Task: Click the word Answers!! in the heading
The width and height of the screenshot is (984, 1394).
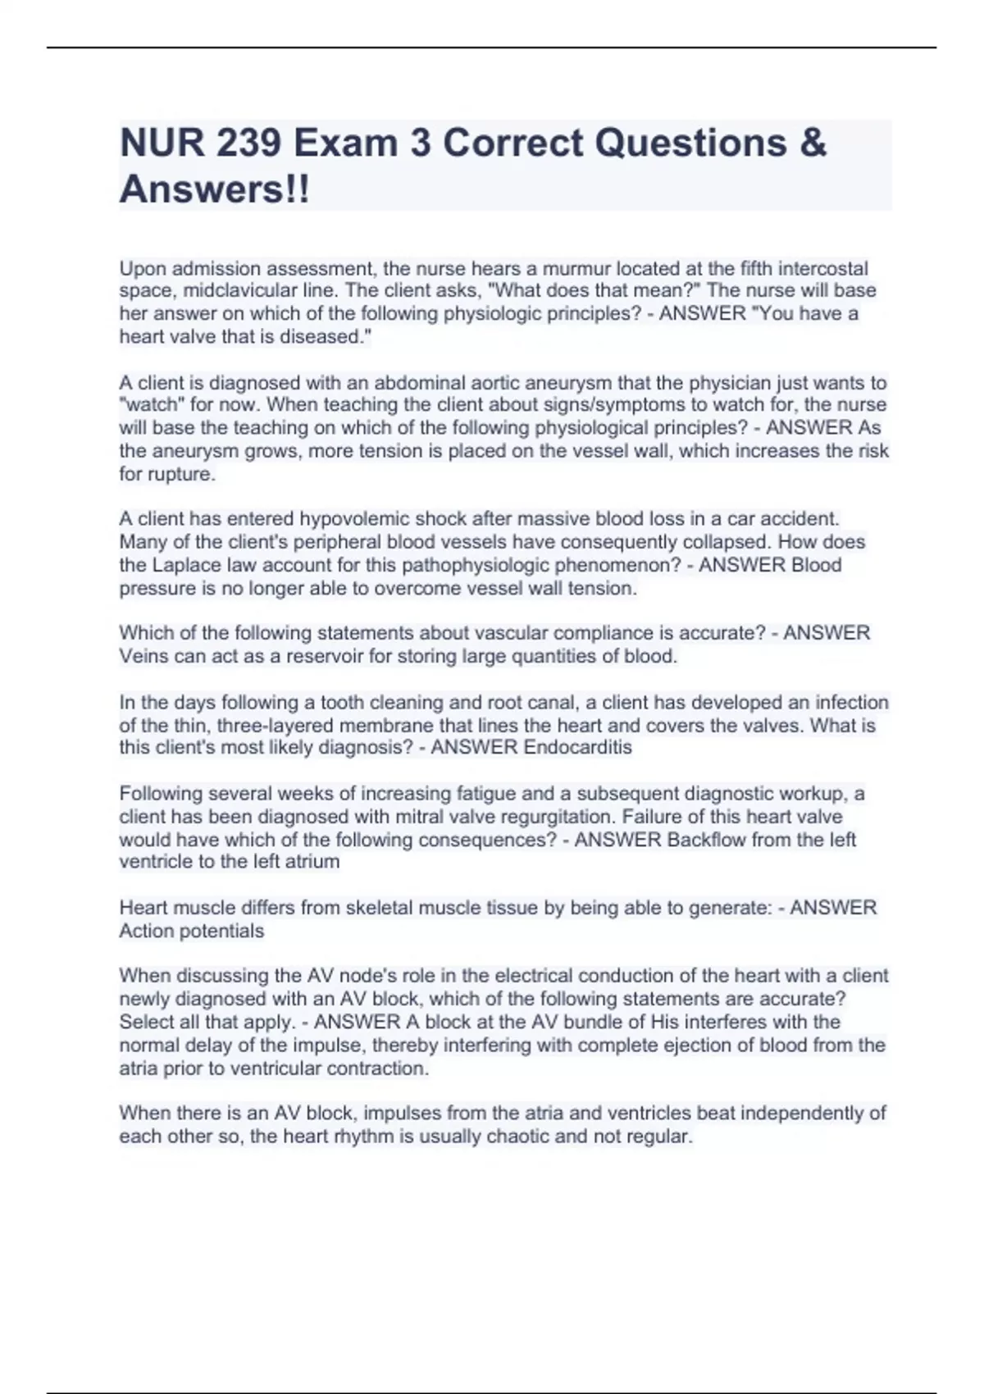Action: (215, 190)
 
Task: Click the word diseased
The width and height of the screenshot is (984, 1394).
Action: (324, 336)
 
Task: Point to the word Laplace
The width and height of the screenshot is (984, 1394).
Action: (185, 565)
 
